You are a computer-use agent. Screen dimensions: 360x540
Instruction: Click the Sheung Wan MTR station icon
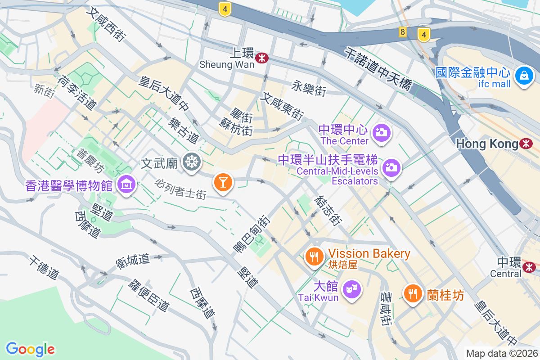pyautogui.click(x=261, y=58)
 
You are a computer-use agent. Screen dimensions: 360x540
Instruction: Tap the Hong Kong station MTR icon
pyautogui.click(x=526, y=144)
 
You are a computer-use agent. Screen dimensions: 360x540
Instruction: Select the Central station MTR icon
pyautogui.click(x=529, y=267)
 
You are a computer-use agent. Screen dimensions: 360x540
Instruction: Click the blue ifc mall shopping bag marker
pyautogui.click(x=524, y=75)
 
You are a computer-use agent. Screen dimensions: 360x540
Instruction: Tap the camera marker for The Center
pyautogui.click(x=381, y=132)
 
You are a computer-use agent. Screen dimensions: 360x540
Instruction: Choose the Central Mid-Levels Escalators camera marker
pyautogui.click(x=391, y=168)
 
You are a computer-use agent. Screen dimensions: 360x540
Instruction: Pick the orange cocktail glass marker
pyautogui.click(x=222, y=182)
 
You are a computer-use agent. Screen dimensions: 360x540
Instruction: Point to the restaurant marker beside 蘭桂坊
pyautogui.click(x=412, y=293)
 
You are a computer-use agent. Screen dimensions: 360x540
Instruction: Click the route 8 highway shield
pyautogui.click(x=402, y=32)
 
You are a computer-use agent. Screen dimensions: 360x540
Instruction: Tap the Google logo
pyautogui.click(x=31, y=349)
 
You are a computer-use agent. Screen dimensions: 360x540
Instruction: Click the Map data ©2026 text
pyautogui.click(x=501, y=353)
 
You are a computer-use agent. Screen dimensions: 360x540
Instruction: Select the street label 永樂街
pyautogui.click(x=309, y=88)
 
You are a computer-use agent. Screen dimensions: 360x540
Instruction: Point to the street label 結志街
pyautogui.click(x=328, y=210)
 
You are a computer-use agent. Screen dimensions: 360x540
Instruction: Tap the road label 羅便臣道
pyautogui.click(x=149, y=295)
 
